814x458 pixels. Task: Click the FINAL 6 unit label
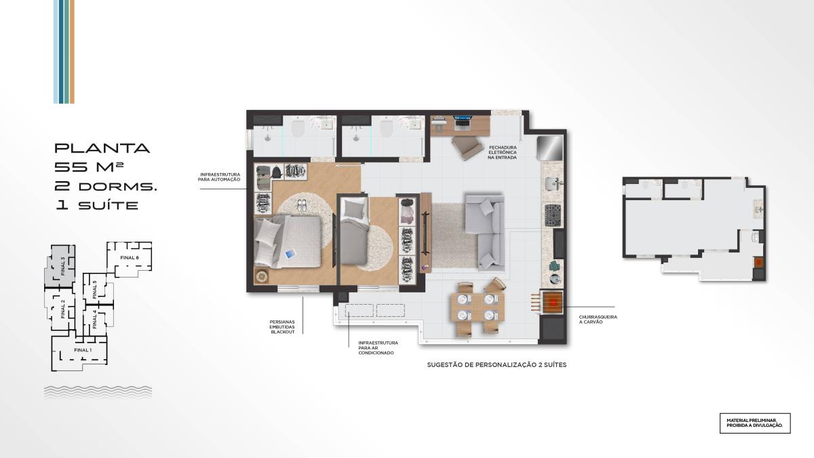130,258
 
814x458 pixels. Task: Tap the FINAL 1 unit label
83,350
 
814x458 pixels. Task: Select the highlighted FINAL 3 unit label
63,266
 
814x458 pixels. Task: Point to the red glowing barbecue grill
553,302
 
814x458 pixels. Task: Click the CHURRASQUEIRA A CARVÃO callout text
598,320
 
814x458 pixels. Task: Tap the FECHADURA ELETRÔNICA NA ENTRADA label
503,153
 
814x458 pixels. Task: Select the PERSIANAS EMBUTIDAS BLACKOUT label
282,327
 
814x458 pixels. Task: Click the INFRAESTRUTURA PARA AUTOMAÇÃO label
219,177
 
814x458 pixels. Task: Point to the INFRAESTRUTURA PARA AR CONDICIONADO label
378,348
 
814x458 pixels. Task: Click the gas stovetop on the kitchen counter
553,214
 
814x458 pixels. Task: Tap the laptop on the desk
462,121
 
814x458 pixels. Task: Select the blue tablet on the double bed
291,254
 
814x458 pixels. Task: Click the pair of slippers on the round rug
302,205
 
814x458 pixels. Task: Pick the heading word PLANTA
102,149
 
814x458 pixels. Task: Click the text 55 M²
89,167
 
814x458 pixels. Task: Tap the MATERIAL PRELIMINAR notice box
755,423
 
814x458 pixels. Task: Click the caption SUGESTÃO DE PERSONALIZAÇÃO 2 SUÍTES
497,365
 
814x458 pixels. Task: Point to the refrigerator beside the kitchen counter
550,148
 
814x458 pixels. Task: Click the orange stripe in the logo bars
72,52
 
